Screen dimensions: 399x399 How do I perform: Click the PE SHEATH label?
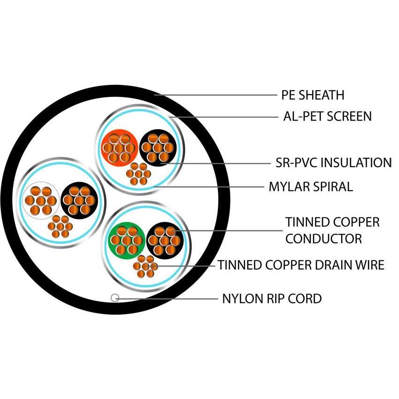313,95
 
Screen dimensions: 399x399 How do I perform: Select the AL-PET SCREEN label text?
327,116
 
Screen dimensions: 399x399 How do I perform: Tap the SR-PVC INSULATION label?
333,163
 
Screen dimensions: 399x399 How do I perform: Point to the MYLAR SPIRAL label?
310,187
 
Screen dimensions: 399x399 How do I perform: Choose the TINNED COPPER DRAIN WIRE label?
300,265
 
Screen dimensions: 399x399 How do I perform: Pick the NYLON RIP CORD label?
272,298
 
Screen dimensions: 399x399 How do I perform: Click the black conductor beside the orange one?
157,147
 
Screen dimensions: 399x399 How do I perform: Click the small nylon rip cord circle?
114,298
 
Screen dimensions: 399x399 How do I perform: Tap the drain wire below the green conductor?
145,266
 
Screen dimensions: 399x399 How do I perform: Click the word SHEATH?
322,95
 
